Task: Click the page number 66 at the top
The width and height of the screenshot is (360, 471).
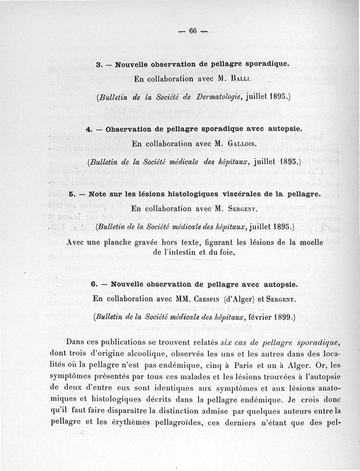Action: coord(194,31)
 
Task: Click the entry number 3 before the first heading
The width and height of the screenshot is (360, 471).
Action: coord(98,64)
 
